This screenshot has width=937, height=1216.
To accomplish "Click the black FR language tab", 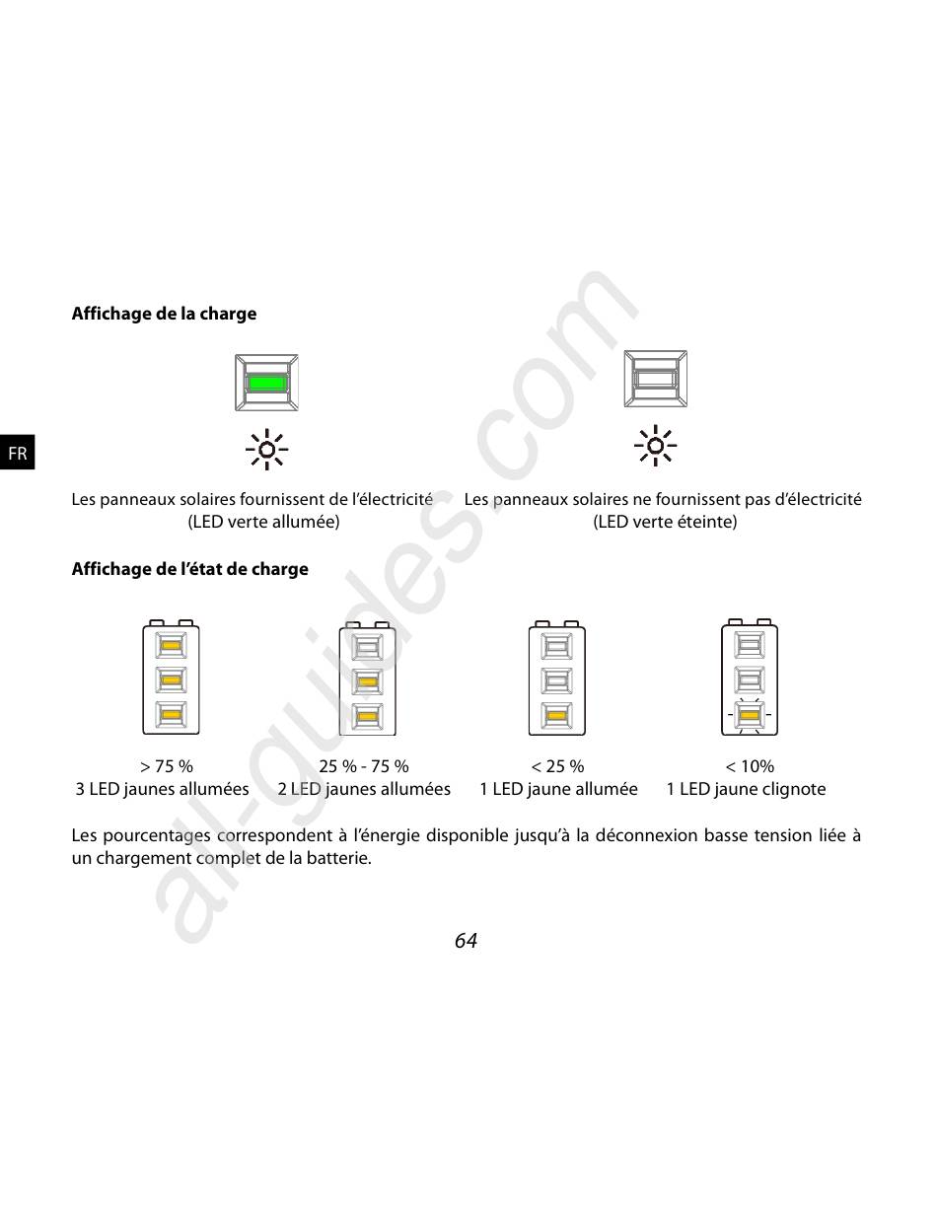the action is point(18,452).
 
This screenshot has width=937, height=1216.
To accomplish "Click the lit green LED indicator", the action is point(266,383).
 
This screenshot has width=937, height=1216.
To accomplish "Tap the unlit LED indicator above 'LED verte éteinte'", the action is point(655,379).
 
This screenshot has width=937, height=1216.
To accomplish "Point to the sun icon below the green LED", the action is point(267,450).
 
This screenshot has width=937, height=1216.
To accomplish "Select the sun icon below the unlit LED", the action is point(655,446).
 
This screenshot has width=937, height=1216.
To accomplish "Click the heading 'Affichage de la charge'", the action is point(164,314).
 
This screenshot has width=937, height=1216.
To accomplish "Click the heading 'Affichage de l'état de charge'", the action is point(190,568).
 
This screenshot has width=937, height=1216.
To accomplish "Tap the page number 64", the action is point(466,940).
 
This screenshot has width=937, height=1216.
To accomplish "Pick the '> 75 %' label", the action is point(166,765).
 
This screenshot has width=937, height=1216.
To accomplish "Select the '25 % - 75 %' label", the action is point(364,765).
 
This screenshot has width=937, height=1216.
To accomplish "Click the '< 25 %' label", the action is point(557,765).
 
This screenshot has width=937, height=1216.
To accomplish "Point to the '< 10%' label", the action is point(750,765).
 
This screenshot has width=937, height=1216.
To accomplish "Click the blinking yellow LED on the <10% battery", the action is point(749,715).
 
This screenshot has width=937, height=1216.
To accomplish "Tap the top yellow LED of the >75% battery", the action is point(171,645).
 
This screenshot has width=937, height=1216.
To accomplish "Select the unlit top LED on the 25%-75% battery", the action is point(367,648).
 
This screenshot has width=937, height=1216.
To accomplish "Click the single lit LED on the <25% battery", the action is point(556,715).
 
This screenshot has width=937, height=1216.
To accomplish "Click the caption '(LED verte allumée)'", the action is point(263,522).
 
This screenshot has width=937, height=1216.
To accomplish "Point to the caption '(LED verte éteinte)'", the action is point(665,522).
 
